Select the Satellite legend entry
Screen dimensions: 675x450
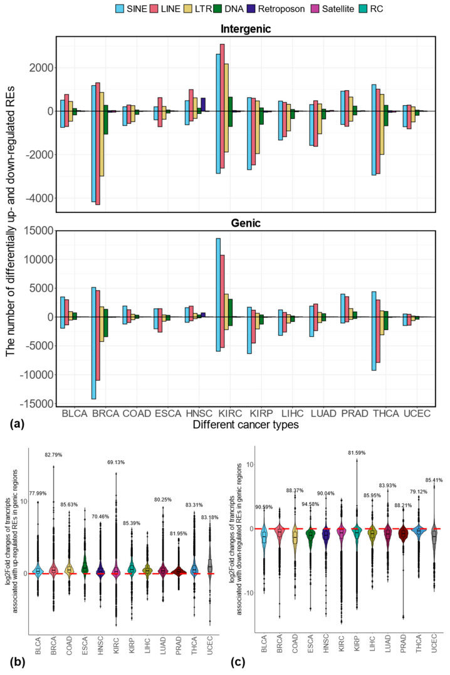pyautogui.click(x=353, y=10)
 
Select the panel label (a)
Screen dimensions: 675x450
pyautogui.click(x=14, y=424)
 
